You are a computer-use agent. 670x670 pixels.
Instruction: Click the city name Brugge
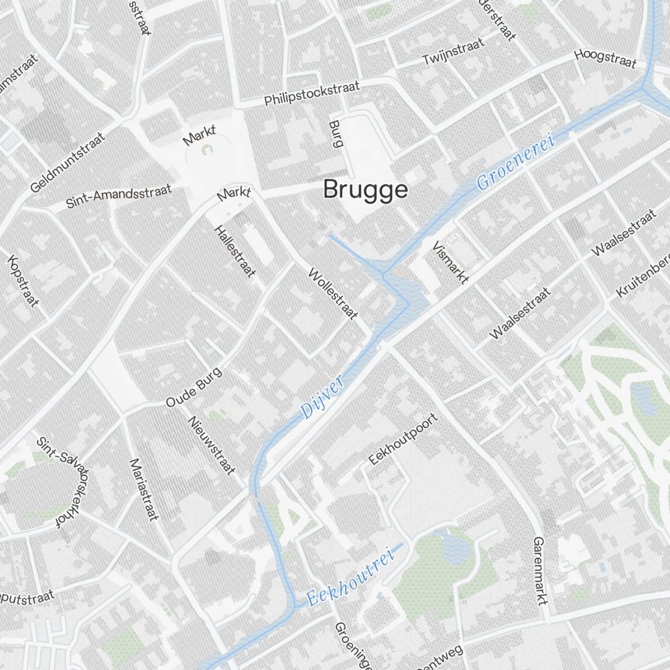[365, 190]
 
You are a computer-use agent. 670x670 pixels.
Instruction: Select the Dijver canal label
[322, 397]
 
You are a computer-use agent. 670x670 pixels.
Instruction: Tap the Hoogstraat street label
[605, 58]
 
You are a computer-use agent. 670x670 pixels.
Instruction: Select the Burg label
[336, 133]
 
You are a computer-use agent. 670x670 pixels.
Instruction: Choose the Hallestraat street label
[234, 251]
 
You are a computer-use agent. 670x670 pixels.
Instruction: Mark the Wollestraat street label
[333, 293]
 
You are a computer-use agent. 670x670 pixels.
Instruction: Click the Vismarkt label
[451, 262]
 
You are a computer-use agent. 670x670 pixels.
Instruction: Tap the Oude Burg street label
[193, 387]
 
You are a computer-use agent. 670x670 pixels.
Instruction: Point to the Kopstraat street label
[23, 281]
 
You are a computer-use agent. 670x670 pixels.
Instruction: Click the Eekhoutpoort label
[403, 439]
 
